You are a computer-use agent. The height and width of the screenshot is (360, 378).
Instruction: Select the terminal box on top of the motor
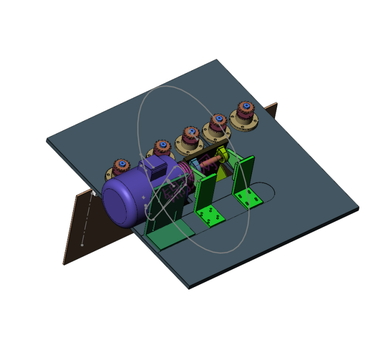tap(157, 168)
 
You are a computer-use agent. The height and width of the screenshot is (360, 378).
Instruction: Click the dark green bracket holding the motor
tap(165, 220)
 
